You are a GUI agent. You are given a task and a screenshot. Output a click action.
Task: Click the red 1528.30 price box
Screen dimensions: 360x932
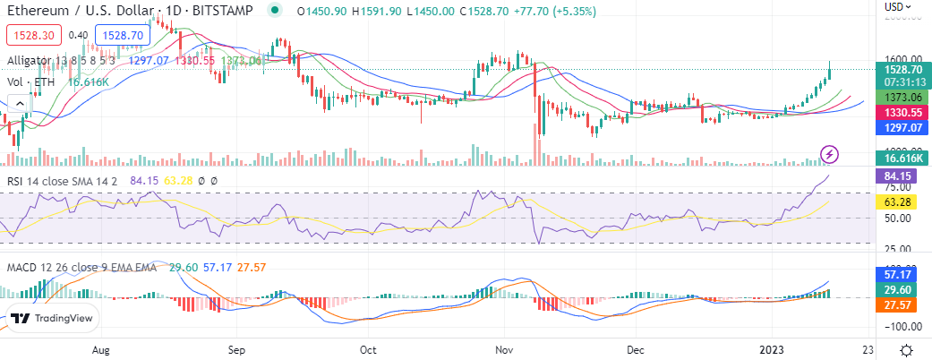tap(33, 35)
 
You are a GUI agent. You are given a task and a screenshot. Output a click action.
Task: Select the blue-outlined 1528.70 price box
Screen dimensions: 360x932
tap(123, 35)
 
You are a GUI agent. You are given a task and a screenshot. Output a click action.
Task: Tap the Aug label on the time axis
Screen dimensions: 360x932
tap(101, 348)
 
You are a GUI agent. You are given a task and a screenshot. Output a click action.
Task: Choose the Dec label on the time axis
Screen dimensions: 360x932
tap(636, 348)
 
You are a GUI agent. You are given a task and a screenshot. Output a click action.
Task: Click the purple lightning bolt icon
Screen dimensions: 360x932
tap(830, 154)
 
